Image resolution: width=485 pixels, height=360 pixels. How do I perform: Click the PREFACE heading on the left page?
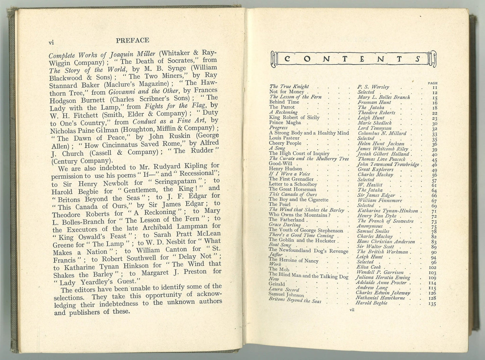tap(132, 41)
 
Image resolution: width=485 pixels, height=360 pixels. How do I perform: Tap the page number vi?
tap(52, 42)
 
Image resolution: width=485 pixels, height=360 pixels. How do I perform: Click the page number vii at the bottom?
tap(352, 310)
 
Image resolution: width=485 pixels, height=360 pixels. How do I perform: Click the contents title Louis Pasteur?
tap(284, 138)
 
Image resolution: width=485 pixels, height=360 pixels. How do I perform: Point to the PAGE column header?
tap(433, 83)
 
